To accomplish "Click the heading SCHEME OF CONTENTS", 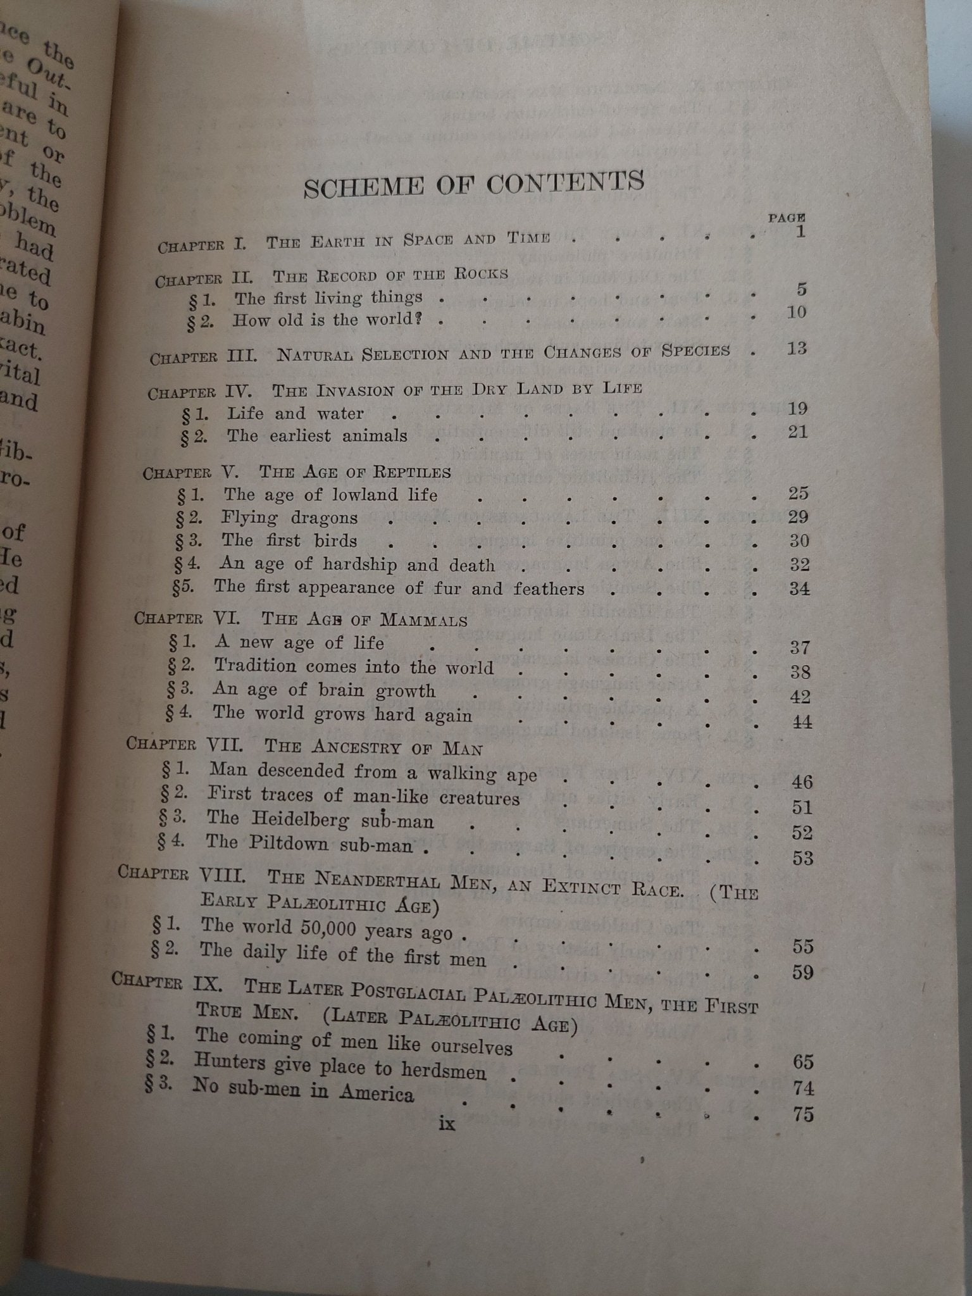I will click(473, 184).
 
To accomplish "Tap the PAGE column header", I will click(787, 217).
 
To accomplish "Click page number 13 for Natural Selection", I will click(797, 349).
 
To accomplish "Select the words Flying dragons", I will click(289, 518).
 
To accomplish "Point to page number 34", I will click(799, 589).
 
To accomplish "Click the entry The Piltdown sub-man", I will click(309, 844).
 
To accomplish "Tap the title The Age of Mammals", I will click(364, 619).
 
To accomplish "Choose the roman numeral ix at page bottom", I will click(446, 1124).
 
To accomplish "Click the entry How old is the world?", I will click(327, 320).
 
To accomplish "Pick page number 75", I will click(802, 1114).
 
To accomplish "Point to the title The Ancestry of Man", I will click(373, 747).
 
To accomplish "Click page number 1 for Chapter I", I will click(801, 232).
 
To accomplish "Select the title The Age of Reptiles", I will click(355, 472).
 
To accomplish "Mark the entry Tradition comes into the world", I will click(353, 666).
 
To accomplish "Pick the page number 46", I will click(802, 782).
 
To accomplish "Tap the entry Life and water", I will click(296, 414).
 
